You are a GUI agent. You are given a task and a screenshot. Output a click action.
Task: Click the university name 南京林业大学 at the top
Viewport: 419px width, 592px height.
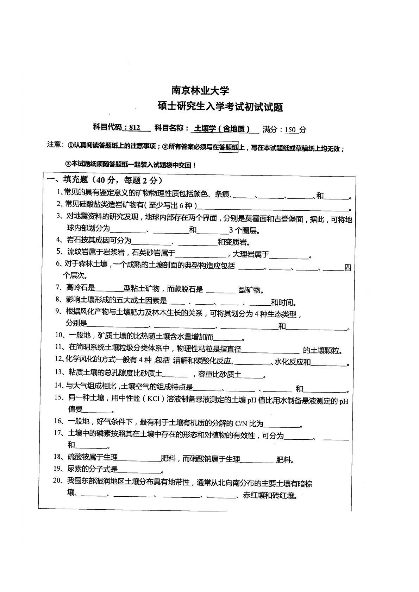pos(200,91)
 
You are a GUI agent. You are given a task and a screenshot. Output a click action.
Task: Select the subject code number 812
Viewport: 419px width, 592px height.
pos(135,128)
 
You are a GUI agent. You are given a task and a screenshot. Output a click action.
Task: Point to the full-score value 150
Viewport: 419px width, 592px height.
pos(290,129)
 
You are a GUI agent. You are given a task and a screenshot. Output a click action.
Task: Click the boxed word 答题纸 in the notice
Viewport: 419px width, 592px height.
pos(229,148)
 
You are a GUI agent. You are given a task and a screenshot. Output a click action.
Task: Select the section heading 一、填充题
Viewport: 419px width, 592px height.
pos(67,180)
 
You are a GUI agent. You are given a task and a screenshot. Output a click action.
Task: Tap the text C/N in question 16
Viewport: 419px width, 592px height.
pos(241,424)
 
